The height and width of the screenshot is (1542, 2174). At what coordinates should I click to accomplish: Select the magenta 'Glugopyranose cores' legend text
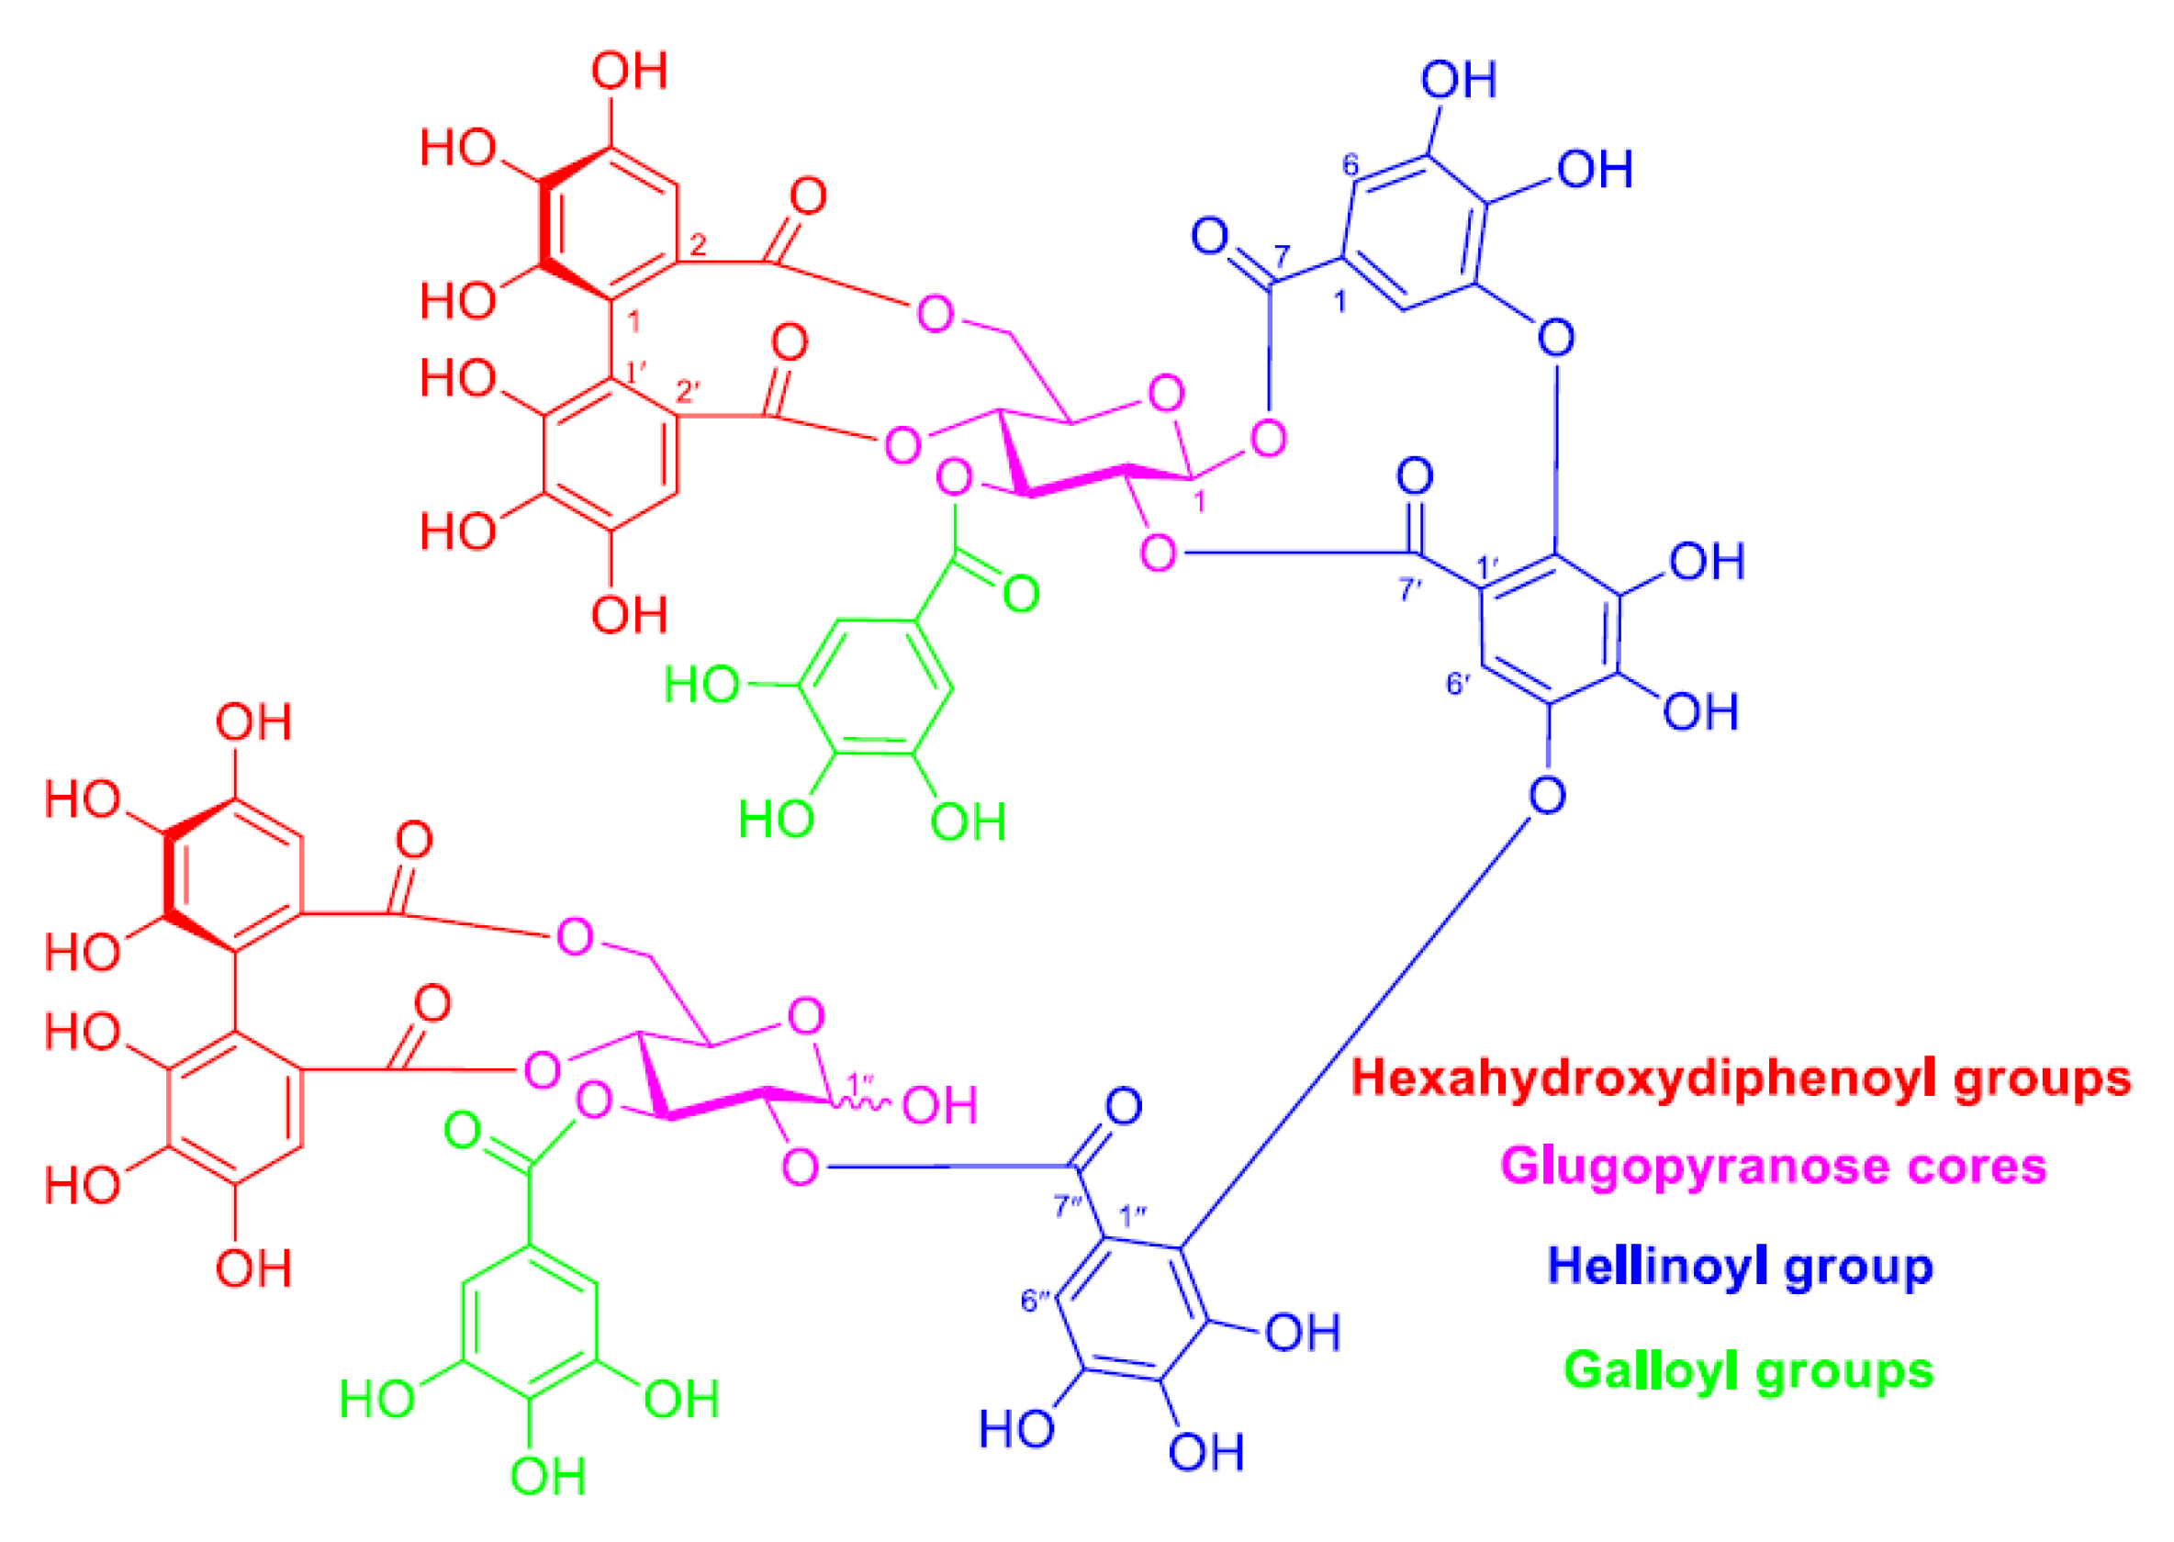point(1773,1167)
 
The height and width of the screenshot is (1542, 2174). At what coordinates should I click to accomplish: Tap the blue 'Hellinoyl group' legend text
point(1740,1267)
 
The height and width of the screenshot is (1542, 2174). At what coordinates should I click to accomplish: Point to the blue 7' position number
point(1409,589)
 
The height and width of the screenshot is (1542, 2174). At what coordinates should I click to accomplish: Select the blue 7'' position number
point(1068,1207)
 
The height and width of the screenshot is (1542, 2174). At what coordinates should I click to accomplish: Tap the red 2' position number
point(688,390)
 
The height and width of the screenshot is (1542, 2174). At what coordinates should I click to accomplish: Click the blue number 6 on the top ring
point(1350,166)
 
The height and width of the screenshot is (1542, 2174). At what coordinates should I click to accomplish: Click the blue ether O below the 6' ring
point(1547,796)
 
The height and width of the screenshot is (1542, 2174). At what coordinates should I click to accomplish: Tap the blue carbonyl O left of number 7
point(1210,236)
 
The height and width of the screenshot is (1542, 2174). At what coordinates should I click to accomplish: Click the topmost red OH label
point(629,72)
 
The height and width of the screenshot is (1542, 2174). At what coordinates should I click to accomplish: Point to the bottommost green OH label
point(547,1477)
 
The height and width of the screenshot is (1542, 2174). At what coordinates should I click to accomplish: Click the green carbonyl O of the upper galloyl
point(1021,595)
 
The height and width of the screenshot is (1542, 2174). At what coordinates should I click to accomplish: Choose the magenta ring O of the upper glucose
point(1166,393)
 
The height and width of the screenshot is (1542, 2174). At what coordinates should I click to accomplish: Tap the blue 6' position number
point(1458,684)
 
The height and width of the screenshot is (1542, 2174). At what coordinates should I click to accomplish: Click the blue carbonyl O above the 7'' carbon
point(1124,1107)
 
